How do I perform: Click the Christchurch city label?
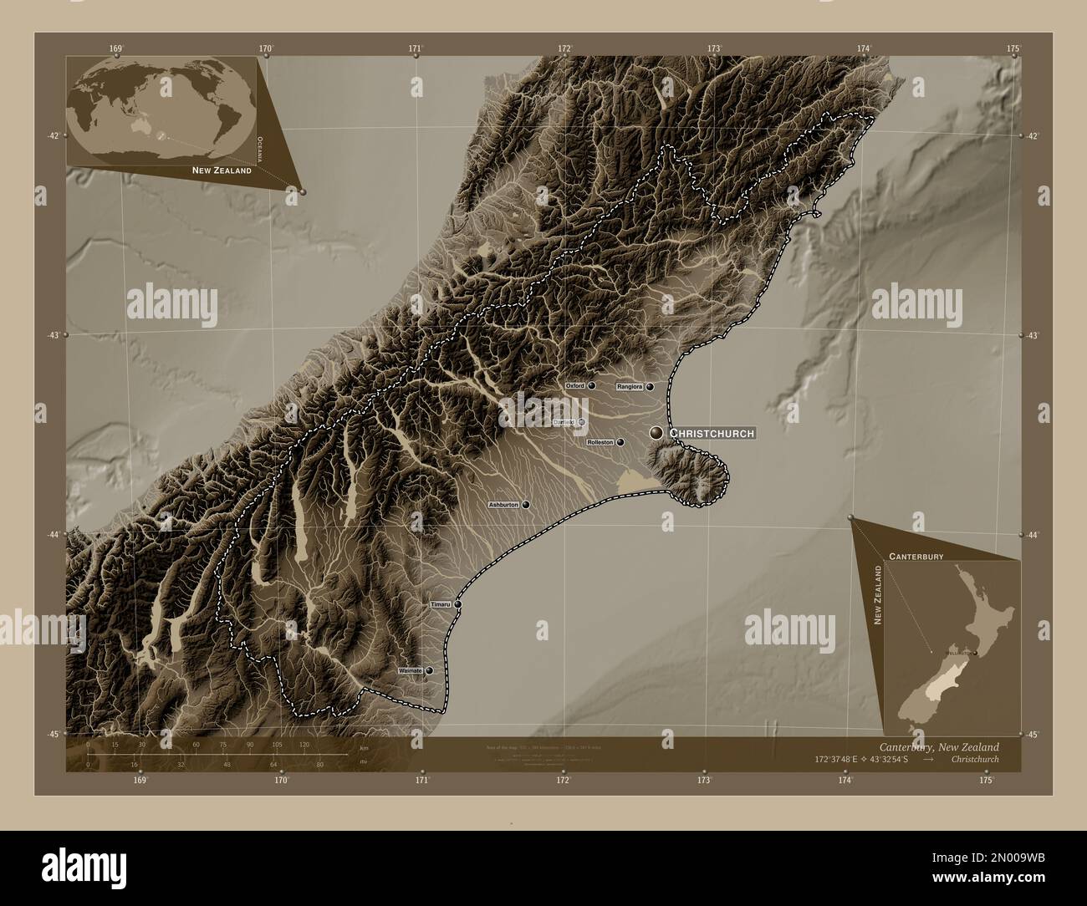[x=712, y=433]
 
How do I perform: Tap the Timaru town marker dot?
[x=458, y=603]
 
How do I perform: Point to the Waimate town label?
[x=411, y=670]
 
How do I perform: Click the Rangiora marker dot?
[x=649, y=387]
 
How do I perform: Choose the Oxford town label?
[x=574, y=386]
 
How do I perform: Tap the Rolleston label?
[x=600, y=442]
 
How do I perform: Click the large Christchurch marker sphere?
[x=656, y=432]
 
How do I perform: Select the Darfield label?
[x=564, y=422]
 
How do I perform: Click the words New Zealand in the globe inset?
[x=222, y=170]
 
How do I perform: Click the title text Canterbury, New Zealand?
[x=938, y=746]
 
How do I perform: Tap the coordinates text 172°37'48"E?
[x=839, y=760]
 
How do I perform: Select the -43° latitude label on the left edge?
[x=54, y=334]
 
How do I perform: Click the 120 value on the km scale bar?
[x=304, y=744]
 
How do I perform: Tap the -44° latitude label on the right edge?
[x=1034, y=535]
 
